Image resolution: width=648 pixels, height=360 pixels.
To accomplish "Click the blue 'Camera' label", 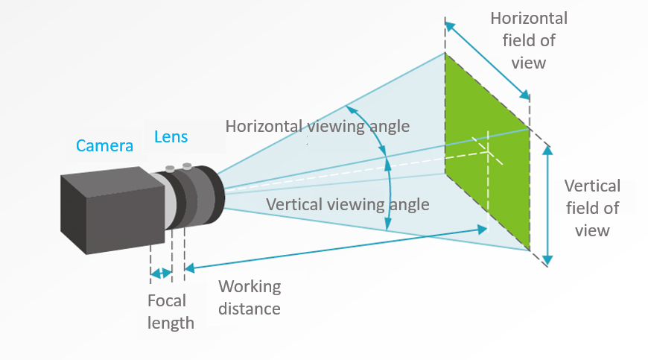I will (104, 145).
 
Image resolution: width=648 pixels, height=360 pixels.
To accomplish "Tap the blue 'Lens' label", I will (171, 137).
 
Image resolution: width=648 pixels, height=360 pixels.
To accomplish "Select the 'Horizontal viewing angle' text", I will (317, 126).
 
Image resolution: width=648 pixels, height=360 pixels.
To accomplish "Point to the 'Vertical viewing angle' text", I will (347, 204).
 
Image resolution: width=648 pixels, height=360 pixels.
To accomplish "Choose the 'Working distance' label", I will (249, 297).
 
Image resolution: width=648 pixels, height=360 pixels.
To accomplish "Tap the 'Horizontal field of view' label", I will (528, 40).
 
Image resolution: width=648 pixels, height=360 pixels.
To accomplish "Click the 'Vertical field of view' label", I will (592, 208).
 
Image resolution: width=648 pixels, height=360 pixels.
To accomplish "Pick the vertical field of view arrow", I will (548, 204).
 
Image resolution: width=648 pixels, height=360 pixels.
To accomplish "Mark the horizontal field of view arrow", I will (487, 60).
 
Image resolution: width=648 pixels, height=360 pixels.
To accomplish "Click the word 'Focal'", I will (167, 302).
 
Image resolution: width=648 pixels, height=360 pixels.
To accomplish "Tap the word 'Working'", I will (249, 287).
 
